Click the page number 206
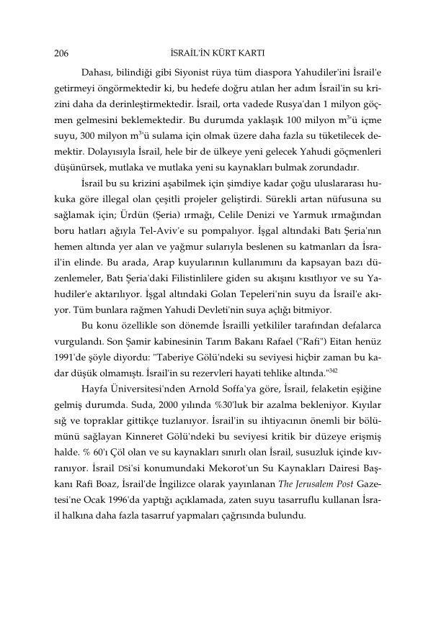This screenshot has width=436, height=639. [x=61, y=53]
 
